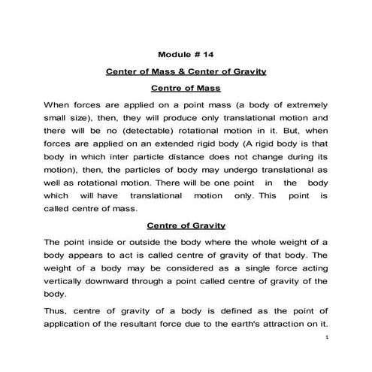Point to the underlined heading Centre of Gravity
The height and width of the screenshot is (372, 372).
click(x=186, y=225)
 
